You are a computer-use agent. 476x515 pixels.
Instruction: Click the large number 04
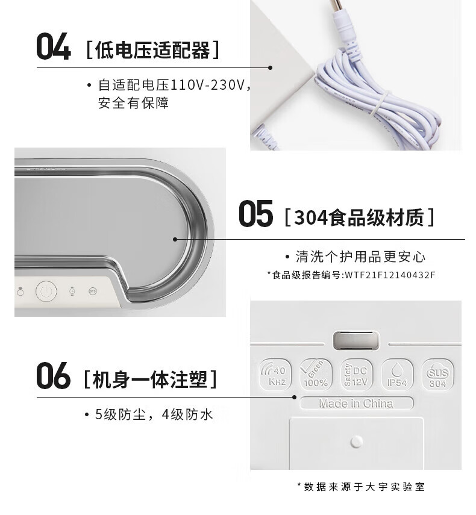[x=53, y=46]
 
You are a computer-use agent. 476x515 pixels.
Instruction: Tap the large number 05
[x=255, y=214]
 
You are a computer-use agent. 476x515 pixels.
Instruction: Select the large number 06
[x=53, y=375]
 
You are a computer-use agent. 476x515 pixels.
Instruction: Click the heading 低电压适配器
[x=152, y=50]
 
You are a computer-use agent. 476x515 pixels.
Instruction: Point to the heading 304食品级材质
[x=359, y=217]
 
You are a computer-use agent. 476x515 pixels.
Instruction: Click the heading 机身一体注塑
[x=150, y=379]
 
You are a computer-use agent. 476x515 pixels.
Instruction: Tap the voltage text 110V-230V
[x=207, y=85]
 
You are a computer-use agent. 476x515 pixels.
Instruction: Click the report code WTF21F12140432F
[x=390, y=275]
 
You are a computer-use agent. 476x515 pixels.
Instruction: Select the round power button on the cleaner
[x=46, y=291]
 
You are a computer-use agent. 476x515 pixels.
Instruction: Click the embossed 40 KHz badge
[x=275, y=375]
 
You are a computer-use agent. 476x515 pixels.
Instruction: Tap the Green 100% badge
[x=316, y=375]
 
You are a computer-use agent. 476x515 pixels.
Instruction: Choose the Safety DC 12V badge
[x=356, y=375]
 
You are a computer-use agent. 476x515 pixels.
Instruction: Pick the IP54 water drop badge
[x=397, y=375]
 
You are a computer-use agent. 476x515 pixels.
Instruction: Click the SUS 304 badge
[x=437, y=375]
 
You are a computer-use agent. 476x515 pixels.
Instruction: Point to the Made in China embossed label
[x=357, y=403]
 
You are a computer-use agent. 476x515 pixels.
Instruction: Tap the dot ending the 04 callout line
[x=270, y=67]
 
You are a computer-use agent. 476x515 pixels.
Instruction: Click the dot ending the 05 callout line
[x=175, y=240]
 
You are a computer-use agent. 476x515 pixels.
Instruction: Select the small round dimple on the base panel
[x=357, y=442]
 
